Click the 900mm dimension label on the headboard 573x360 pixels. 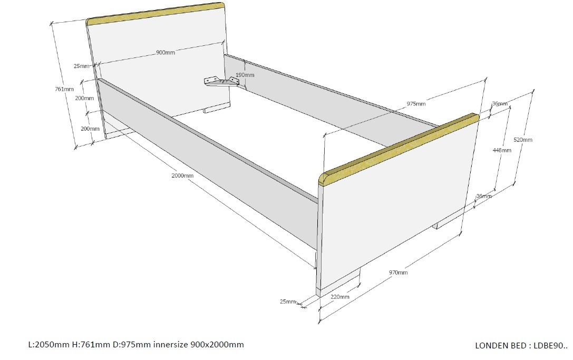coord(166,52)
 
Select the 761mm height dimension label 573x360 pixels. coord(64,89)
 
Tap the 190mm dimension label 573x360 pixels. coord(245,75)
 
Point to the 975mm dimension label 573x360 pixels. coord(416,103)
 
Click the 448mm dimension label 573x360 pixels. coord(502,150)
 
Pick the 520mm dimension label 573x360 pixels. coord(523,140)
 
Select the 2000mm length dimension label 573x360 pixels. coord(182,176)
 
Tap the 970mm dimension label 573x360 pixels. coord(399,273)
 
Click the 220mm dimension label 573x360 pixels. coord(340,296)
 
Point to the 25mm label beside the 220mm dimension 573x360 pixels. coord(288,301)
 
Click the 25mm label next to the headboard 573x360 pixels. coord(82,66)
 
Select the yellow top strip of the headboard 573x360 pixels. coord(156,14)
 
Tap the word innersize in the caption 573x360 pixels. coord(171,344)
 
